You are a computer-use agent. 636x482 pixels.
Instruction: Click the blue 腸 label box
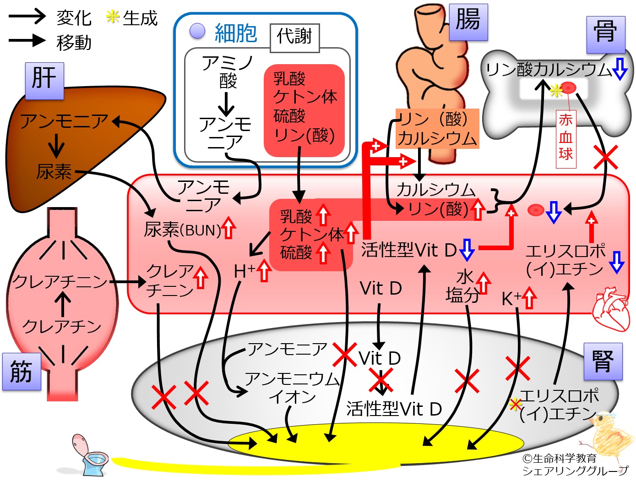(x=468, y=22)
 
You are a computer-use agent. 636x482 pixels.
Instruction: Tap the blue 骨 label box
(x=606, y=35)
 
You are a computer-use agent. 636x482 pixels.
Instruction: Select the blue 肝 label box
(x=44, y=81)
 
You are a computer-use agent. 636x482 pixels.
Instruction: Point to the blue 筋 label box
(x=22, y=372)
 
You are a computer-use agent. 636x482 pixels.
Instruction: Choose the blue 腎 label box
(x=603, y=361)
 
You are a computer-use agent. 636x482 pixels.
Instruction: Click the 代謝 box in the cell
(x=295, y=38)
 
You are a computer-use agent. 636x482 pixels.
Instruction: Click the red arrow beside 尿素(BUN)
(x=228, y=228)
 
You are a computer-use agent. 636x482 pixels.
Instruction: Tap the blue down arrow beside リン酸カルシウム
(x=620, y=69)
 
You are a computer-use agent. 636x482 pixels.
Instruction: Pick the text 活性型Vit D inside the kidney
(x=394, y=409)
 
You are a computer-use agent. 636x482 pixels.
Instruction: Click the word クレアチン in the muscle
(x=62, y=327)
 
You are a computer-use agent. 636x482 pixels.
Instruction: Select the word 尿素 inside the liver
(x=54, y=171)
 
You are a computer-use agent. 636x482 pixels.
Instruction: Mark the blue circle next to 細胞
(x=197, y=31)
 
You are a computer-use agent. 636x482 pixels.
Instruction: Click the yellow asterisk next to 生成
(x=113, y=16)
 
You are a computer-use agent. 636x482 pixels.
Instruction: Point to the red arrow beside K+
(x=529, y=297)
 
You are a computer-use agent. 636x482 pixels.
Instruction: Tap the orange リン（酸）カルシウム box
(x=437, y=129)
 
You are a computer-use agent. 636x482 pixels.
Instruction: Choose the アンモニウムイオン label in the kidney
(x=292, y=388)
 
